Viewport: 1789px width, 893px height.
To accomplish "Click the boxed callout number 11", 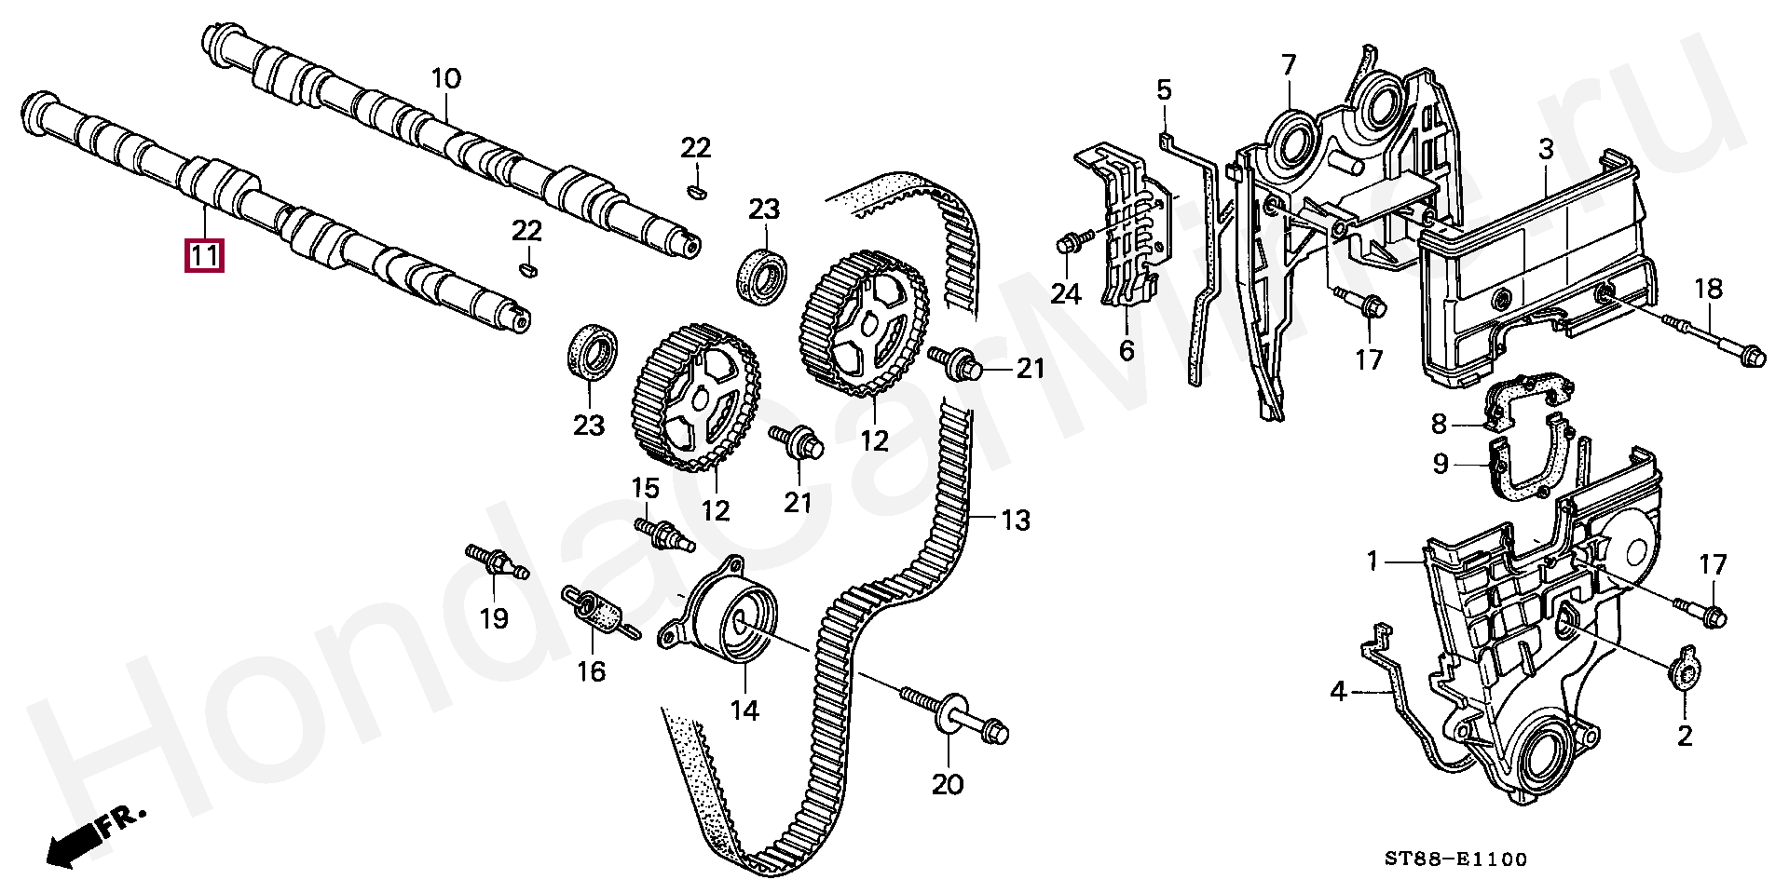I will tap(206, 254).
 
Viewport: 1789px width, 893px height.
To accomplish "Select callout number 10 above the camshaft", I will tap(445, 78).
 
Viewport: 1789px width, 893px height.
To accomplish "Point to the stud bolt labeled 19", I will tap(497, 563).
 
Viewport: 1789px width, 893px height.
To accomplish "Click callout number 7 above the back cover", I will tap(1288, 65).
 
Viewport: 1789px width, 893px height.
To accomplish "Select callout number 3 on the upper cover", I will tap(1545, 149).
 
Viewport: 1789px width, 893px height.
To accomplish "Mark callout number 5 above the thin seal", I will tap(1164, 90).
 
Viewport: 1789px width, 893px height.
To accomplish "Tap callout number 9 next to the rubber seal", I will tap(1440, 463).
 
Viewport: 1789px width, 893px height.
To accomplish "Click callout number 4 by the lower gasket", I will tap(1338, 692).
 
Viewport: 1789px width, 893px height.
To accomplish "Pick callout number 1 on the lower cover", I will tap(1372, 562).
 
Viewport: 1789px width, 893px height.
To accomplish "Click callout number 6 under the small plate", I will tap(1126, 350).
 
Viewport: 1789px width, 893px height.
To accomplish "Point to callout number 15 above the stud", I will tap(646, 488).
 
